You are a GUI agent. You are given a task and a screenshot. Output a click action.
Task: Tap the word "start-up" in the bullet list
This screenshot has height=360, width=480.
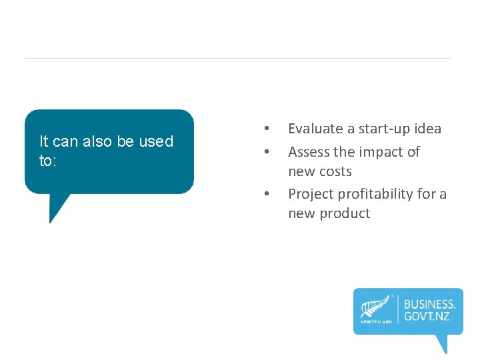coord(385,129)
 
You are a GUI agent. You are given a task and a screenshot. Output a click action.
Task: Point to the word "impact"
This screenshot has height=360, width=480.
coord(381,152)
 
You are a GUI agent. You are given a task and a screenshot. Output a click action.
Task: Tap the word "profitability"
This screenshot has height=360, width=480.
coord(378,194)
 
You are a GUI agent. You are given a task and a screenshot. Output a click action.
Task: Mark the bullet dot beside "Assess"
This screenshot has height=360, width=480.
coord(266,151)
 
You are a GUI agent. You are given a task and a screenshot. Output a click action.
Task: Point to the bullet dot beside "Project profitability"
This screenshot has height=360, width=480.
coord(266,194)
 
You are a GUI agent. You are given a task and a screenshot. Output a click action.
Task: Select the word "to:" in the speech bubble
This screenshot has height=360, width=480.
coord(46,161)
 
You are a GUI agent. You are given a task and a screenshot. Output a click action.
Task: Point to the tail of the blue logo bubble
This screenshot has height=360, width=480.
coord(441,345)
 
